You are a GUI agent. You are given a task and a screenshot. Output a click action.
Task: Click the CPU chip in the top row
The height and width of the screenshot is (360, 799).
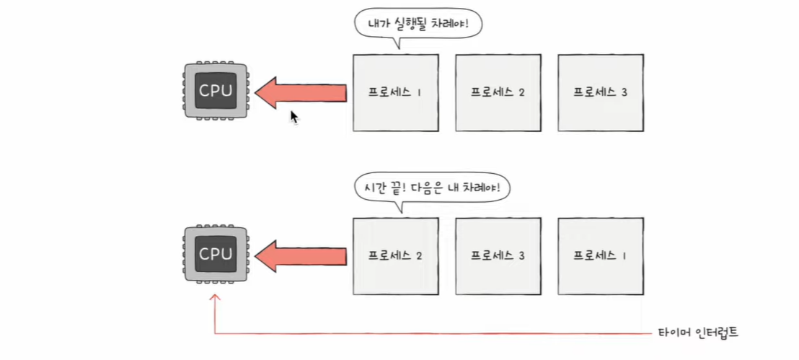click(216, 92)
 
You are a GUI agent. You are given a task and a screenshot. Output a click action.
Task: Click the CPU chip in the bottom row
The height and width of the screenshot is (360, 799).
click(216, 254)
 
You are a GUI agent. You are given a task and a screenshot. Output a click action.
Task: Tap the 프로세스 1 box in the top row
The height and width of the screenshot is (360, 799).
click(395, 92)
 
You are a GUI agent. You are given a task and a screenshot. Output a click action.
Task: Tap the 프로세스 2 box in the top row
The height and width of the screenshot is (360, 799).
click(498, 92)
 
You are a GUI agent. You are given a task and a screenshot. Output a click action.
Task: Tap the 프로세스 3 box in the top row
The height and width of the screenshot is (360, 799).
click(600, 92)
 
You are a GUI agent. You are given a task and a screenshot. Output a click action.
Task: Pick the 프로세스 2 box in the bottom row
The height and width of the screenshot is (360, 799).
click(395, 255)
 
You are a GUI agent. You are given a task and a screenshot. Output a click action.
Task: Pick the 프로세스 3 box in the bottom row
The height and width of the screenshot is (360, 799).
click(498, 255)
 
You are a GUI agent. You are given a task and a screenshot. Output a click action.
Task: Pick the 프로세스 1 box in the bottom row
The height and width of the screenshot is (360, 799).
click(600, 255)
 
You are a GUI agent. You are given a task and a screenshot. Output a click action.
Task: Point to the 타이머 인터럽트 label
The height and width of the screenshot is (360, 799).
click(698, 333)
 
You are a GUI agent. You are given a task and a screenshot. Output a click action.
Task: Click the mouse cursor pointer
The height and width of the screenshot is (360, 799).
click(293, 117)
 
